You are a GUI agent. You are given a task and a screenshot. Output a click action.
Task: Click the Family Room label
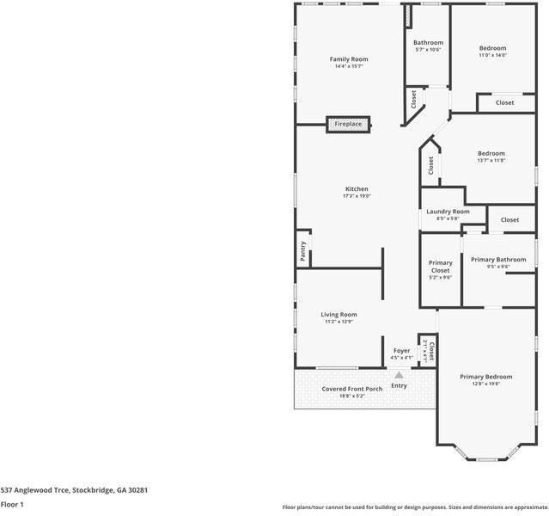[349, 59]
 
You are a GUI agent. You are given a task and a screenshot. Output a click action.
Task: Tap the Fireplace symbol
[348, 125]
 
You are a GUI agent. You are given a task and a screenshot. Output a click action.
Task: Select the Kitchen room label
[357, 189]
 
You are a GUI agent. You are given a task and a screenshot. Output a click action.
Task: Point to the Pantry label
[303, 250]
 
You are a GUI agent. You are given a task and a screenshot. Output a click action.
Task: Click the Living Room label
[339, 315]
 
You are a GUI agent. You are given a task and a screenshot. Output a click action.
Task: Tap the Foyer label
[401, 351]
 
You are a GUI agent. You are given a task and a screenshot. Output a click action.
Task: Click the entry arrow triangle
[399, 374]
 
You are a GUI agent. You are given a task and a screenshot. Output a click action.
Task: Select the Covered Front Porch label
[352, 389]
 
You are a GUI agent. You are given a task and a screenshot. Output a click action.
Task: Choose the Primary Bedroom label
[485, 377]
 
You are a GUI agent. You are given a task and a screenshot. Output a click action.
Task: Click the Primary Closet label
[441, 267]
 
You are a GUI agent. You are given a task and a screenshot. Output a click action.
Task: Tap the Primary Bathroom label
[498, 260]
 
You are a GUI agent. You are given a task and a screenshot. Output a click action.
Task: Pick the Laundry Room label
[448, 212]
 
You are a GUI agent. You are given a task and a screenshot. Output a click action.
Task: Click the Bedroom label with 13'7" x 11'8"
[491, 153]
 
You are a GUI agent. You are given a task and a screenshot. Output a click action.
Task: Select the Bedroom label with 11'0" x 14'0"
[492, 48]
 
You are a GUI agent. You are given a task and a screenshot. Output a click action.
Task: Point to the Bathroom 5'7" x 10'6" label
[428, 43]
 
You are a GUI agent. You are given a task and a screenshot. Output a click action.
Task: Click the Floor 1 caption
[12, 504]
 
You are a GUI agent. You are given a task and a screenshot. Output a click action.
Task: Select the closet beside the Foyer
[430, 350]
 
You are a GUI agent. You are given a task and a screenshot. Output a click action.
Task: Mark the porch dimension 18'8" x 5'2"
[352, 396]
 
